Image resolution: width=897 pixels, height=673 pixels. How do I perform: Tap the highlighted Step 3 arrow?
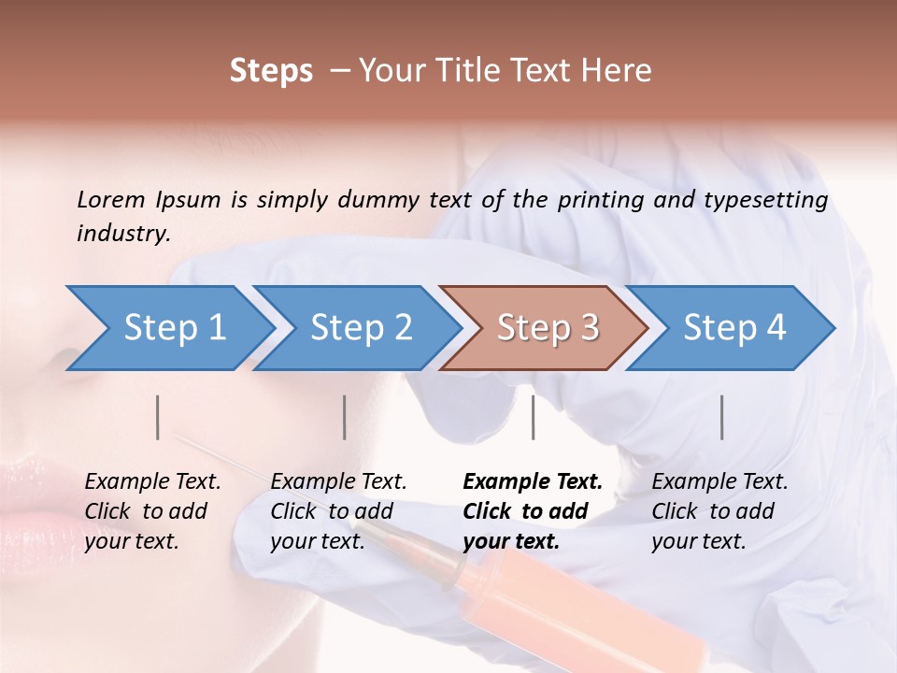coord(547,328)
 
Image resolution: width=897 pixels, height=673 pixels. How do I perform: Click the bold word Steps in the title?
coord(271,71)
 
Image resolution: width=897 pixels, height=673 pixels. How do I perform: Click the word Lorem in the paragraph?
coord(109,200)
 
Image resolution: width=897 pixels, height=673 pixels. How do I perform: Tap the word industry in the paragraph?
coord(123,234)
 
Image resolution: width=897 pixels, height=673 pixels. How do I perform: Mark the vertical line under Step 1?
coord(158,417)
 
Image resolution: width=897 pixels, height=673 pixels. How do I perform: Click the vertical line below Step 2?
coord(345,417)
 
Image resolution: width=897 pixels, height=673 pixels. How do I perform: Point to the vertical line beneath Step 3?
coord(534,417)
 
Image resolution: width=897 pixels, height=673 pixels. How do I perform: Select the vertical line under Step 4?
coord(722,417)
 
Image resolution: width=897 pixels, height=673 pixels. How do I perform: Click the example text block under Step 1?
coord(152,511)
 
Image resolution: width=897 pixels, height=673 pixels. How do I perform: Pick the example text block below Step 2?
coord(338,511)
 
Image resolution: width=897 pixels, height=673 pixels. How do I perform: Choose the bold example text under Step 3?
coord(533,511)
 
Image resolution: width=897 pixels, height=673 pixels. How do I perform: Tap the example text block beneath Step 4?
coord(719,511)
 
